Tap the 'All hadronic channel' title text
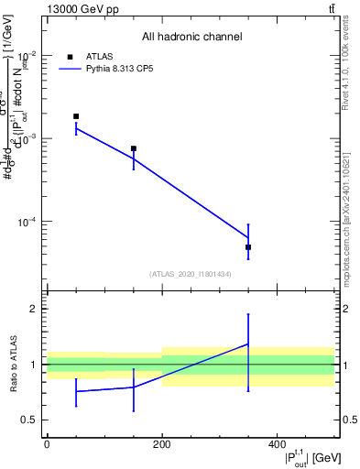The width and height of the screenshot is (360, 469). pos(191,38)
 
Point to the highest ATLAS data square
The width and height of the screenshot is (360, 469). pos(76,116)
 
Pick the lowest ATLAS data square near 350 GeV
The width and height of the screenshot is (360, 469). pos(248,247)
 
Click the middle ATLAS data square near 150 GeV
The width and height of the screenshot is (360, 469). pos(134,148)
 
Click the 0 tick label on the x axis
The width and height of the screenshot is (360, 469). pos(47,444)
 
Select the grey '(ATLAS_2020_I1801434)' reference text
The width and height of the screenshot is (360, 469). pos(191,274)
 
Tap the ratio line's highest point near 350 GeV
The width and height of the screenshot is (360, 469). pos(248,344)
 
